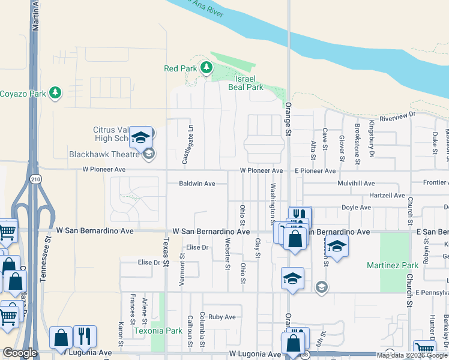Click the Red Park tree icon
click(206, 67)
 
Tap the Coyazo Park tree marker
click(55, 93)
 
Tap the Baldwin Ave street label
click(197, 184)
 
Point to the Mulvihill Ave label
click(356, 183)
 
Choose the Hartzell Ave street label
click(386, 196)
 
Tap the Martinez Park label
click(393, 265)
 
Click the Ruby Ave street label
click(222, 317)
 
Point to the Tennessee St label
click(43, 265)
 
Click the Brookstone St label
click(358, 143)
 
